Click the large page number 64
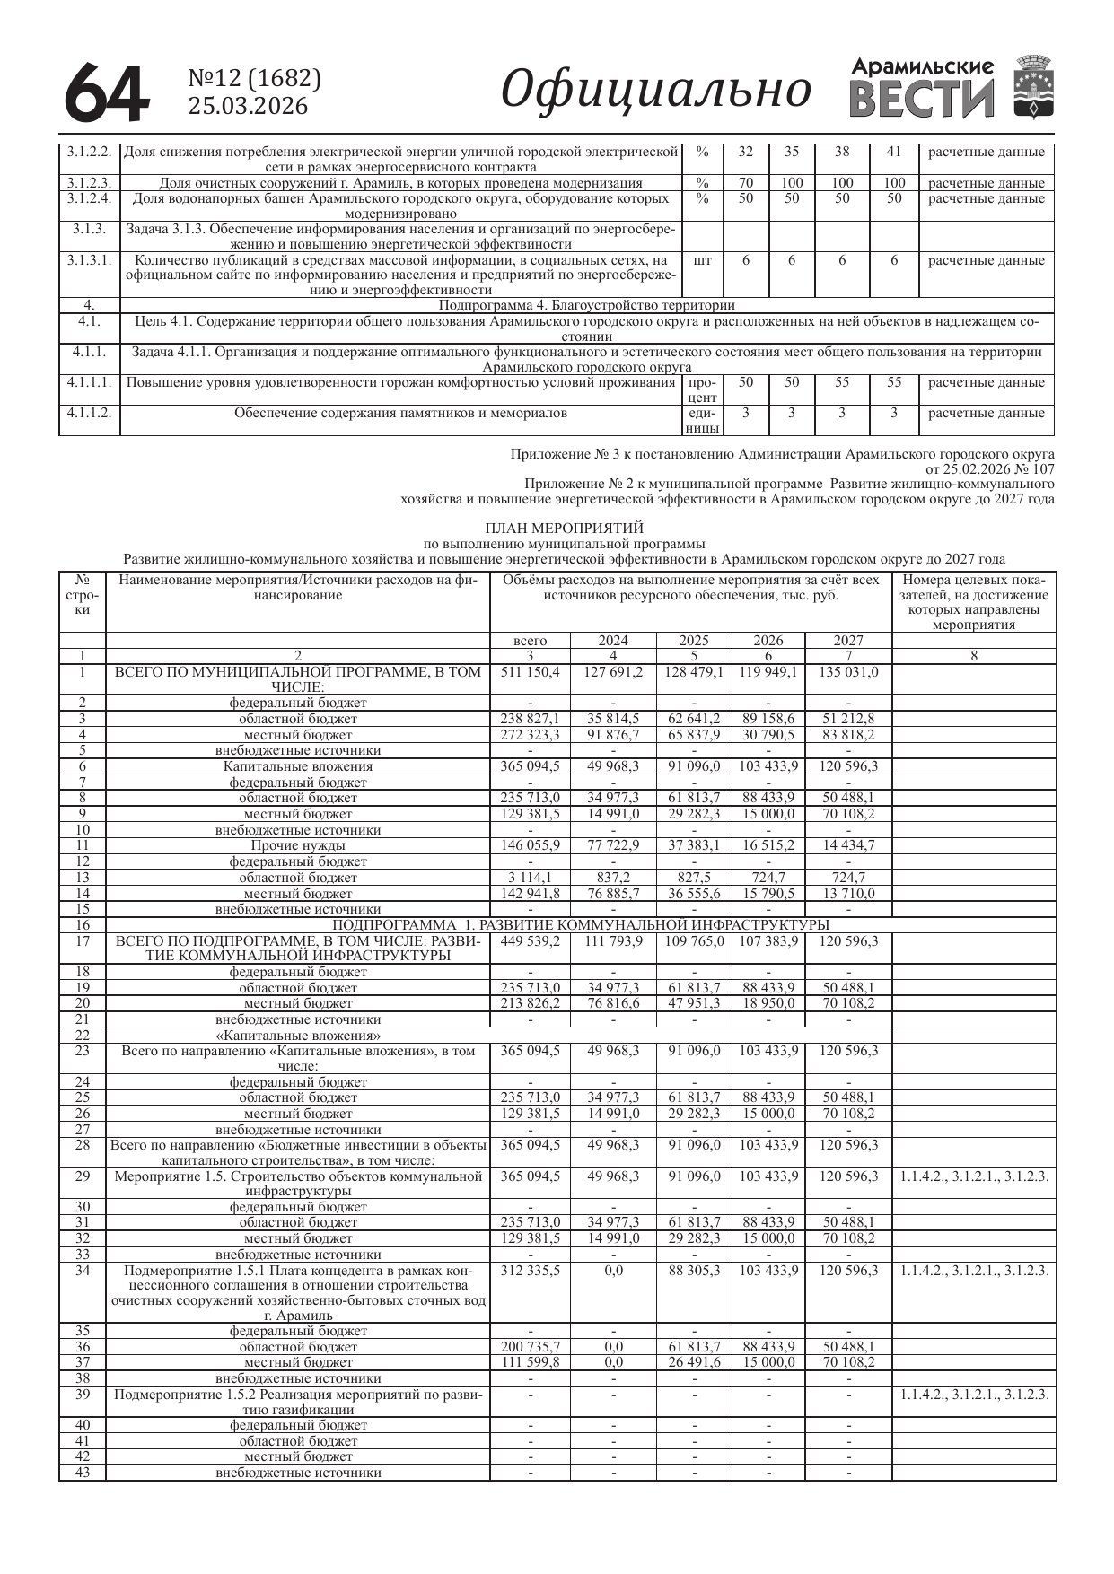click(x=106, y=92)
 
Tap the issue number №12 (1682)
click(x=254, y=79)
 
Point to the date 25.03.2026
click(x=247, y=107)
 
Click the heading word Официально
click(x=655, y=90)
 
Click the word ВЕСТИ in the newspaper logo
click(x=922, y=100)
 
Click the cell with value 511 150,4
click(x=530, y=672)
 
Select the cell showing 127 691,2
click(x=613, y=672)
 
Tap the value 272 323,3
click(x=530, y=735)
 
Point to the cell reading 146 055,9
click(x=530, y=845)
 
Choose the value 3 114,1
click(x=530, y=877)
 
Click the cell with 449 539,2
click(x=530, y=940)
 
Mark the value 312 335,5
click(x=530, y=1271)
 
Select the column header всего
click(x=530, y=641)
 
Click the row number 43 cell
click(x=83, y=1473)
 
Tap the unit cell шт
click(x=703, y=260)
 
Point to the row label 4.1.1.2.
click(x=89, y=413)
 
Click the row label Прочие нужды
click(x=298, y=845)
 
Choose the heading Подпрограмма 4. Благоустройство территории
click(x=586, y=305)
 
